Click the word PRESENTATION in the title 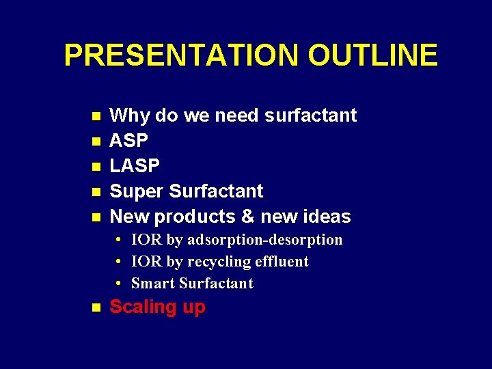[x=182, y=55]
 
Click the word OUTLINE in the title [x=372, y=55]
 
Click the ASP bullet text [x=129, y=141]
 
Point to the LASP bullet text [x=135, y=166]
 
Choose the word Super [x=136, y=191]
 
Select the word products [x=193, y=217]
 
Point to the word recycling [x=215, y=262]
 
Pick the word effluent [x=283, y=262]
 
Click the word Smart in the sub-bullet [x=151, y=284]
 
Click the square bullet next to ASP [x=96, y=141]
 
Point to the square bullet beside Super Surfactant [x=96, y=192]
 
